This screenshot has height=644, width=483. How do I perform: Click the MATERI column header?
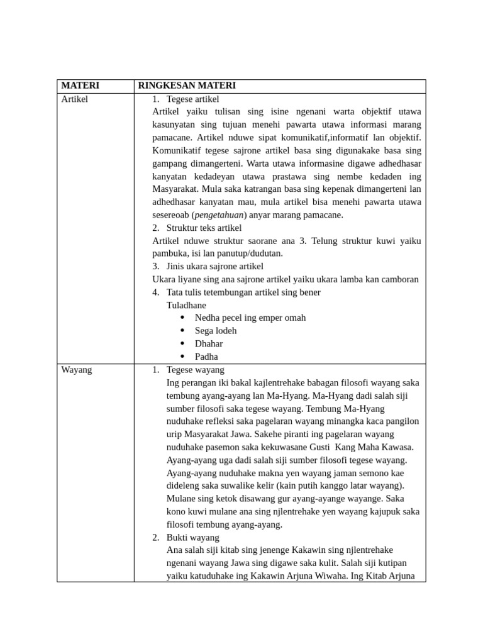click(80, 86)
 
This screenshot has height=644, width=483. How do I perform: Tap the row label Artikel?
click(75, 99)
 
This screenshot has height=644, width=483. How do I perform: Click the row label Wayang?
click(77, 370)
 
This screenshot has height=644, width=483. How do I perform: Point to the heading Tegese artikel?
click(192, 99)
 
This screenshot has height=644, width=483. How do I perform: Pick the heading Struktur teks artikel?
click(204, 228)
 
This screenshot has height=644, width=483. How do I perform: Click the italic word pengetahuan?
click(219, 215)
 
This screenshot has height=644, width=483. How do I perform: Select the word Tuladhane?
click(186, 305)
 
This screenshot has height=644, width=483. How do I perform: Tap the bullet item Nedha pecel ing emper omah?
click(250, 318)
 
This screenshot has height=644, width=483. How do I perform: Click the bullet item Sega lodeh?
click(216, 331)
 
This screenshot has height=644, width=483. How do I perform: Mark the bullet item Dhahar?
click(209, 343)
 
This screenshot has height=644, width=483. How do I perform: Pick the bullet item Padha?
click(206, 357)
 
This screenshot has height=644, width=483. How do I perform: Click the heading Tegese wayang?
click(195, 370)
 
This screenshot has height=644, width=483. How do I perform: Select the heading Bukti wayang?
click(192, 537)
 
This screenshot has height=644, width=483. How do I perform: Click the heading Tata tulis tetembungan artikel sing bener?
click(243, 292)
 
